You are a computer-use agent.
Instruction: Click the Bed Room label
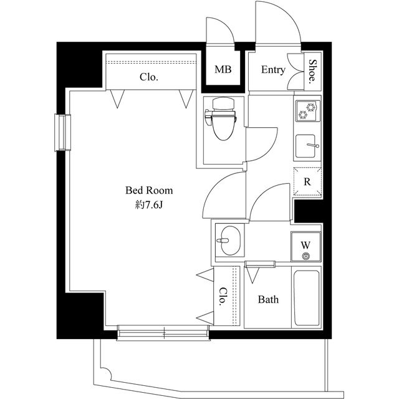click(x=149, y=190)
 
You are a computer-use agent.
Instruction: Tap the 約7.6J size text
click(x=148, y=204)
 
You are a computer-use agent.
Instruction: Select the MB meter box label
click(x=223, y=69)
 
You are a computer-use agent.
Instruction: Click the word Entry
click(x=273, y=69)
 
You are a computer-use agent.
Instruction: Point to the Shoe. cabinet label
click(x=313, y=72)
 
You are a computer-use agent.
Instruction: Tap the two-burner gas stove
click(x=307, y=111)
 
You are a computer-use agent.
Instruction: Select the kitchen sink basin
click(x=305, y=146)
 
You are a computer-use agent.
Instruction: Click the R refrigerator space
click(x=307, y=181)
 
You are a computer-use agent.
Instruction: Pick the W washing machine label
click(x=305, y=245)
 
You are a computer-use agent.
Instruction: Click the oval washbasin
click(x=230, y=241)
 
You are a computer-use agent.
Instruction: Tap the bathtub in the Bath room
click(x=306, y=298)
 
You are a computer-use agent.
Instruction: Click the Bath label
click(x=268, y=299)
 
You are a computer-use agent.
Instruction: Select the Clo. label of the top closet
click(x=149, y=77)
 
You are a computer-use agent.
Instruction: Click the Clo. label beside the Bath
click(x=223, y=297)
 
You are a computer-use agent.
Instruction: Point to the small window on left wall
click(x=62, y=133)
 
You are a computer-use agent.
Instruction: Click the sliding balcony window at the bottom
click(x=163, y=332)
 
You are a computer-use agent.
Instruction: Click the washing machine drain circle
click(x=305, y=256)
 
